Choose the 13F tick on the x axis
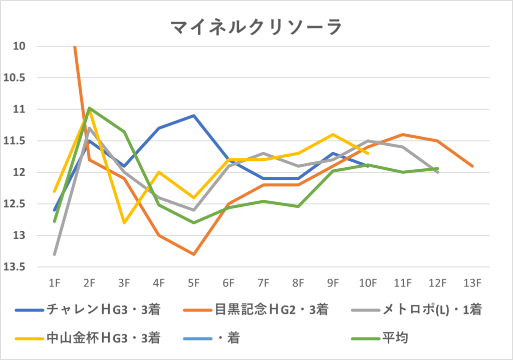point(472,283)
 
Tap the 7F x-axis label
point(264,283)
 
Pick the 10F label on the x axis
point(368,283)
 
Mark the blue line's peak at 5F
point(194,116)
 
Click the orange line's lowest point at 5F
point(194,254)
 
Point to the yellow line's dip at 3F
point(124,223)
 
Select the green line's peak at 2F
point(89,108)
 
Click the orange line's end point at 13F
point(472,166)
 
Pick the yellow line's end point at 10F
point(368,153)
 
